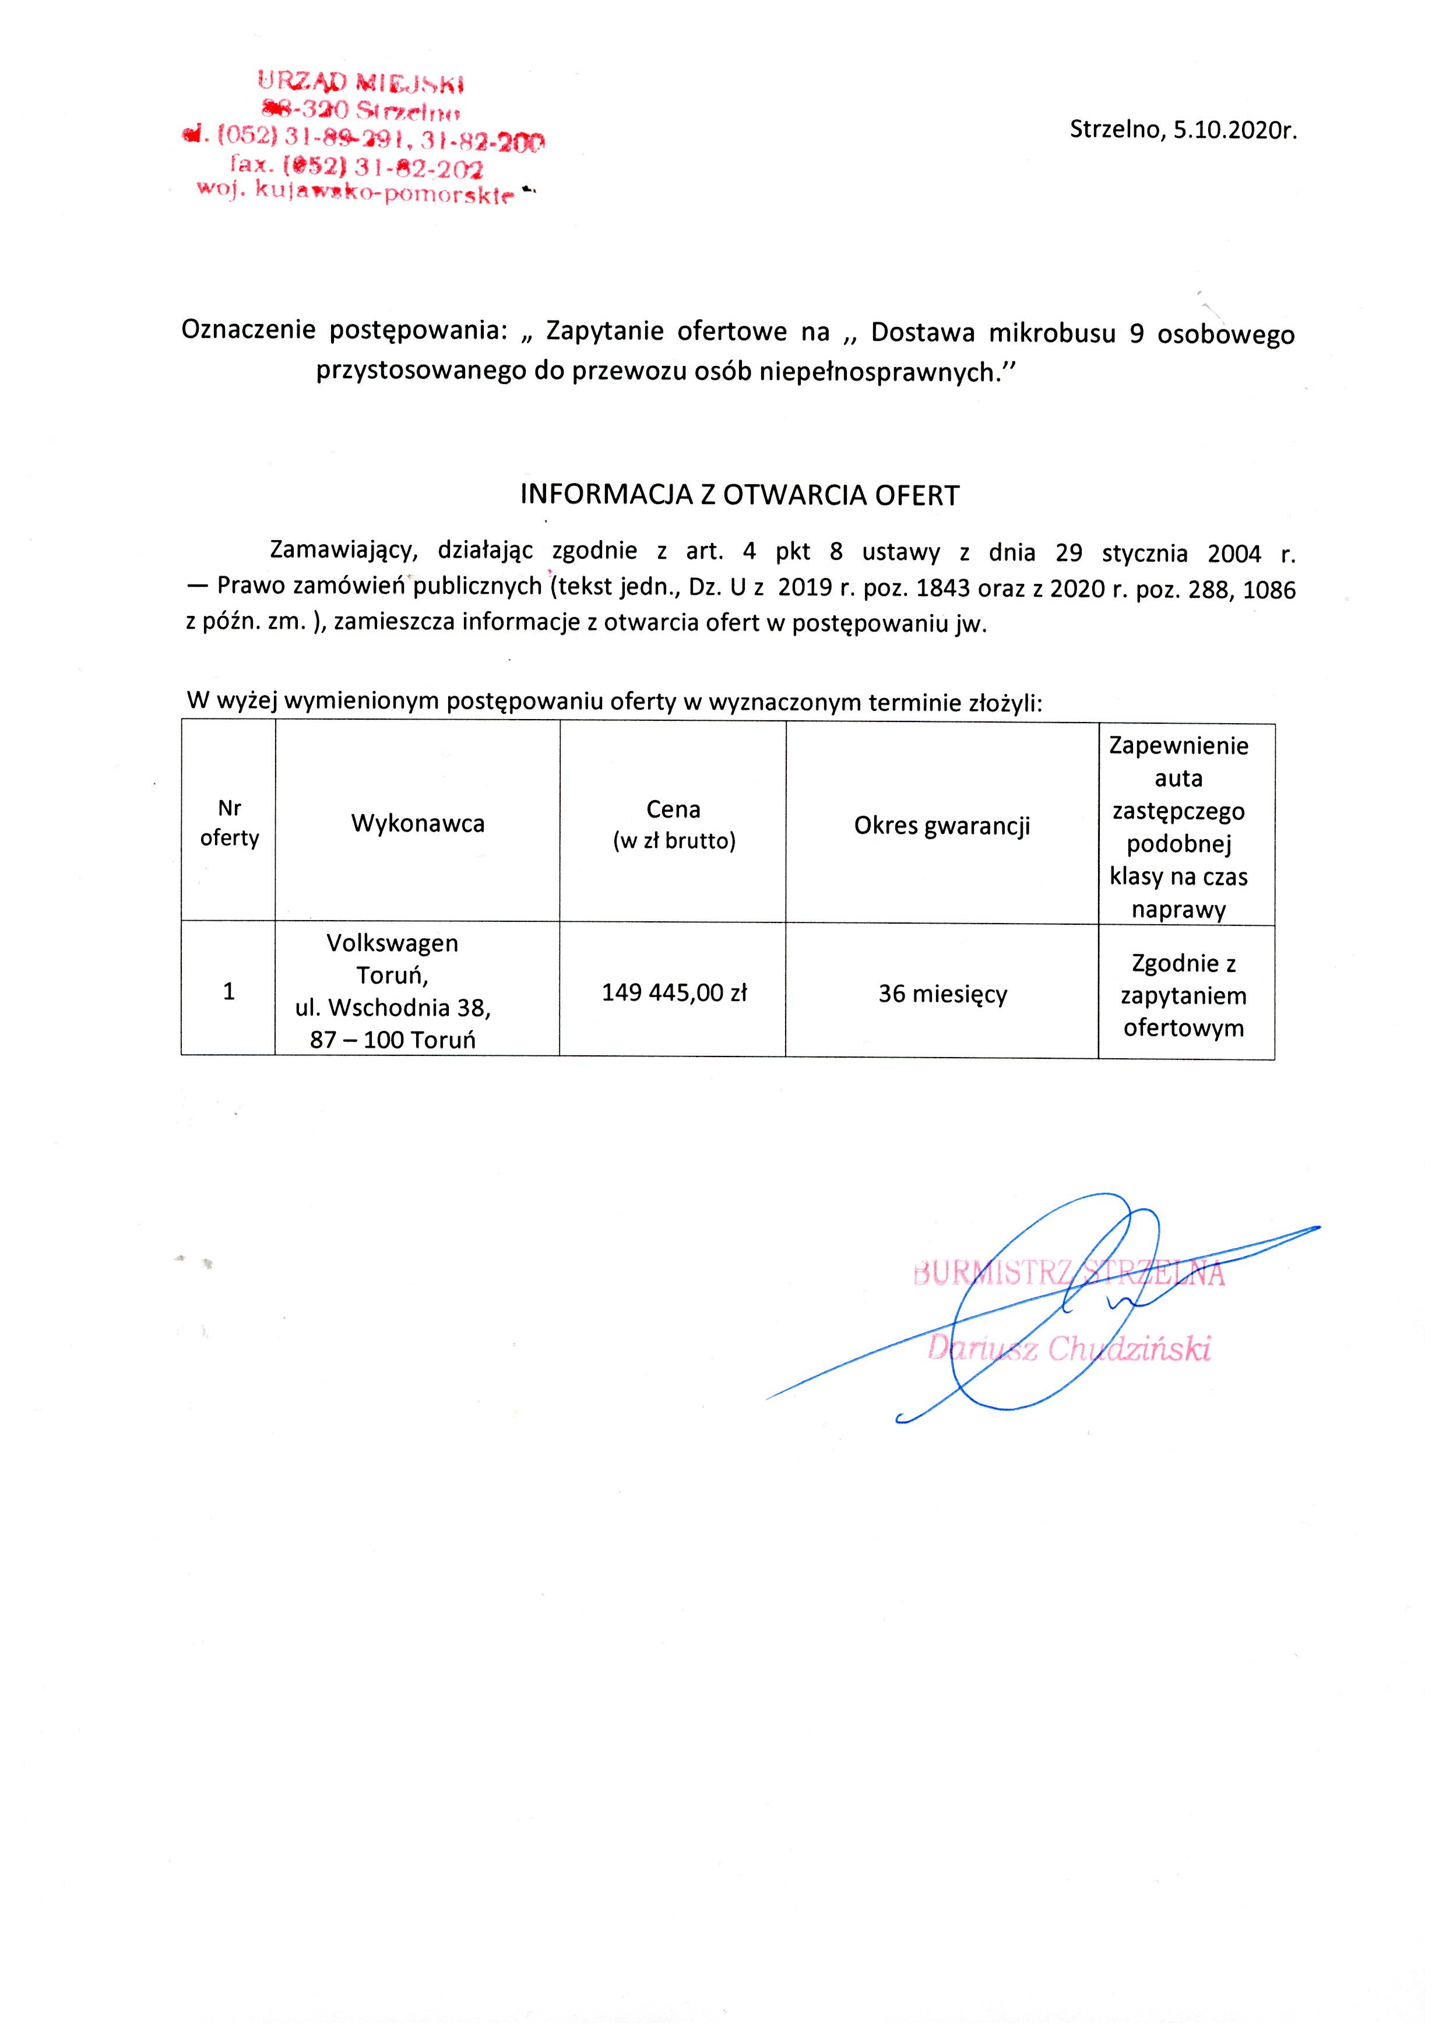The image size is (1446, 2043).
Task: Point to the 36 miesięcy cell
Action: (942, 994)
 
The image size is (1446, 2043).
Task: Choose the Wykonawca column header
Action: (417, 823)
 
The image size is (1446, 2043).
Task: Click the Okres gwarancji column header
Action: (942, 825)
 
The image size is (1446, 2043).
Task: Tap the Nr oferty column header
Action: (229, 823)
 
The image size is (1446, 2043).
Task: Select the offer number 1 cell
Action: (229, 991)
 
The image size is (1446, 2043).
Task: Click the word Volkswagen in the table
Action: (393, 943)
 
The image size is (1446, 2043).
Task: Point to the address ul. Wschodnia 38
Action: (393, 1008)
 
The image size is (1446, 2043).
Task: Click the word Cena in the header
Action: (673, 809)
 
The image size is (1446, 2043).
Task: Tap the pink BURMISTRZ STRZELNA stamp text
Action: (1068, 1274)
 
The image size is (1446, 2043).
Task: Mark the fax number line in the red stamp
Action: (356, 167)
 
